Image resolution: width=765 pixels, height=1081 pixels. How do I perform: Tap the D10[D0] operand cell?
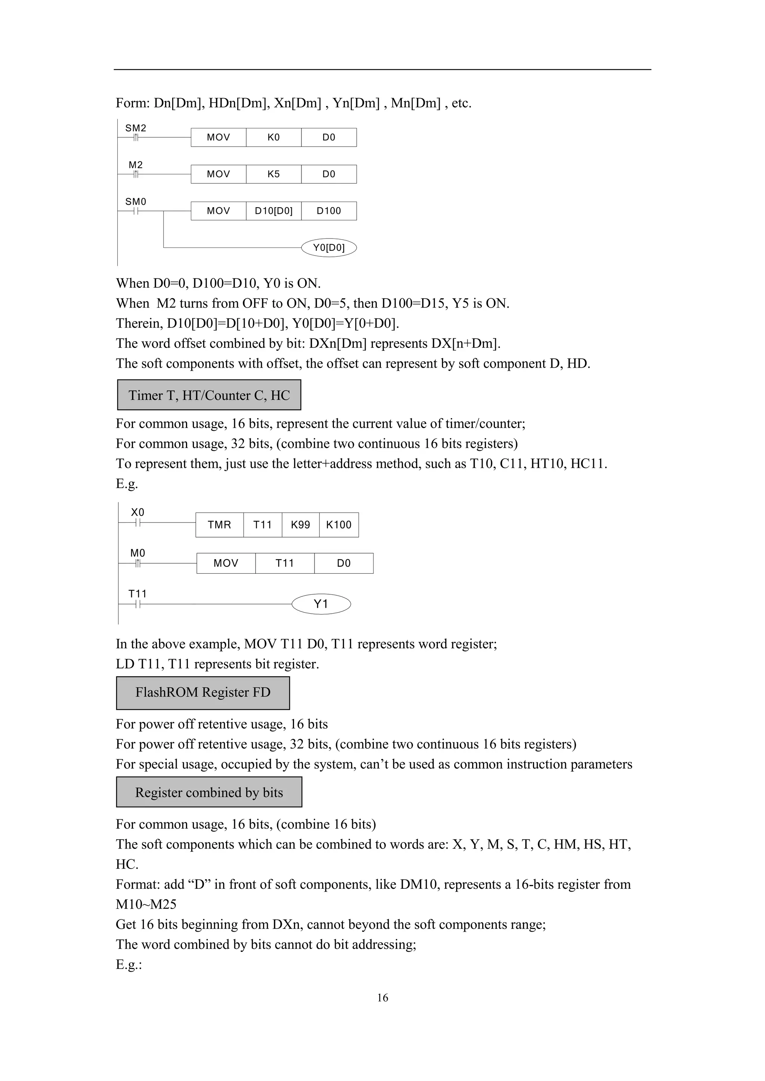click(x=274, y=211)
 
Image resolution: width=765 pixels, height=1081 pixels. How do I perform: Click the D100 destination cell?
click(x=329, y=211)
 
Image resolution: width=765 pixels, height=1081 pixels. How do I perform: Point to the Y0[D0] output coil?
click(x=329, y=247)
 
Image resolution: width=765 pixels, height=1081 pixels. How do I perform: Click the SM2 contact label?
click(x=136, y=128)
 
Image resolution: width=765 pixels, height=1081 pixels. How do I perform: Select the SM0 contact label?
click(x=136, y=202)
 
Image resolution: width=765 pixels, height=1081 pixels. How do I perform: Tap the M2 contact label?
click(x=136, y=165)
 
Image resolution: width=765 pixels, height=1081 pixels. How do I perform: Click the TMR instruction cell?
click(x=220, y=525)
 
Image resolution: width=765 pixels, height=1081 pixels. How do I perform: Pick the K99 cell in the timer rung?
click(x=301, y=525)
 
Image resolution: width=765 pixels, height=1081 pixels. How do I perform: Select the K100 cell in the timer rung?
click(x=339, y=525)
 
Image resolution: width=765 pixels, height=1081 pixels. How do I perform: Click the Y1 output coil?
click(x=321, y=604)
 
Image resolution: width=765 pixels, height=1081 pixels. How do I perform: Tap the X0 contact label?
click(x=137, y=512)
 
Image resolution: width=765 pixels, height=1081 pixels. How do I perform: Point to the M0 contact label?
click(x=137, y=553)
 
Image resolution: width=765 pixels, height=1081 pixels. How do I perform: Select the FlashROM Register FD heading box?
click(x=203, y=692)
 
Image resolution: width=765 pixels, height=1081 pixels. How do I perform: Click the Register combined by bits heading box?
click(x=209, y=792)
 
